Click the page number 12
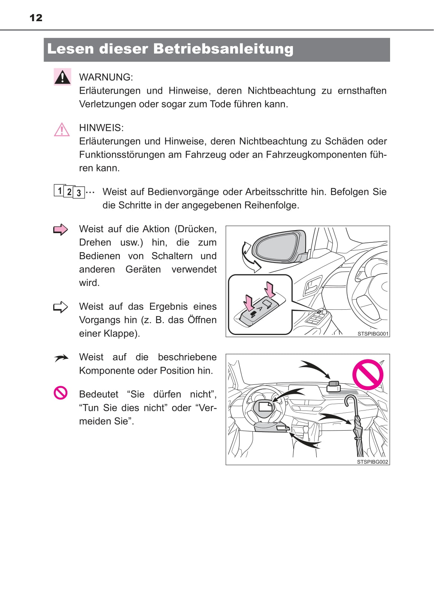pos(36,17)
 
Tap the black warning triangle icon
pos(63,77)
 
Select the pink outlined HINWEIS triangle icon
pos(62,130)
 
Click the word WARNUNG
pos(105,77)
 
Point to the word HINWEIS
pos(100,128)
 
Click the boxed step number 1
pos(60,190)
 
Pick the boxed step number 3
pos(79,193)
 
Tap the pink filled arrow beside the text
pos(61,230)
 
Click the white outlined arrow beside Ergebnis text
pos(61,307)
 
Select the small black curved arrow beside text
pos(61,358)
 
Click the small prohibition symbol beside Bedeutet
pos(61,393)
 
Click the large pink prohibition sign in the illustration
pos(368,374)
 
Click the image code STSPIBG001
pos(373,334)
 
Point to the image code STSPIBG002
pos(372,462)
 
